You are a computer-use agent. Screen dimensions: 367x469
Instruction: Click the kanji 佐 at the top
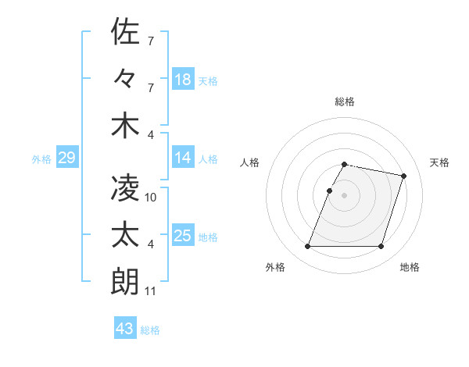coord(125,33)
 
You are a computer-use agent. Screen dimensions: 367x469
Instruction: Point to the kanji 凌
coord(125,187)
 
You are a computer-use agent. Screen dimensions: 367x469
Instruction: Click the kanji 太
coord(125,235)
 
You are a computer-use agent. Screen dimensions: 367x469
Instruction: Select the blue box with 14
coord(183,158)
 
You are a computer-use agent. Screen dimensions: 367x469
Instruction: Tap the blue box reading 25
coord(183,236)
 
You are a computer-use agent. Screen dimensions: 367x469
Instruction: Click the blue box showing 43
coord(124,329)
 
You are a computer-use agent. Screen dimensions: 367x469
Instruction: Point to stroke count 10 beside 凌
coord(151,198)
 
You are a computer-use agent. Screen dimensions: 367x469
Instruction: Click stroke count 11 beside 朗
coord(151,291)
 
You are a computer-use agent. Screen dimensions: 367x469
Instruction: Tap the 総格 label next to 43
coord(150,330)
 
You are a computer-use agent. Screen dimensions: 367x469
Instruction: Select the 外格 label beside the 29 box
coord(41,159)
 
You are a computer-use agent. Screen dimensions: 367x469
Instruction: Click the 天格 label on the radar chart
coord(440,162)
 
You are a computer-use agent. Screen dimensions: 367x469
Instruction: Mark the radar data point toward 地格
coord(381,247)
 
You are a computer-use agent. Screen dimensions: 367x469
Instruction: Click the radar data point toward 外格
coord(308,247)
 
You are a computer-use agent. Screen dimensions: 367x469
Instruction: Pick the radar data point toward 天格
coord(403,176)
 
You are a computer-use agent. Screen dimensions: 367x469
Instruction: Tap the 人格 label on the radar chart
coord(250,162)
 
